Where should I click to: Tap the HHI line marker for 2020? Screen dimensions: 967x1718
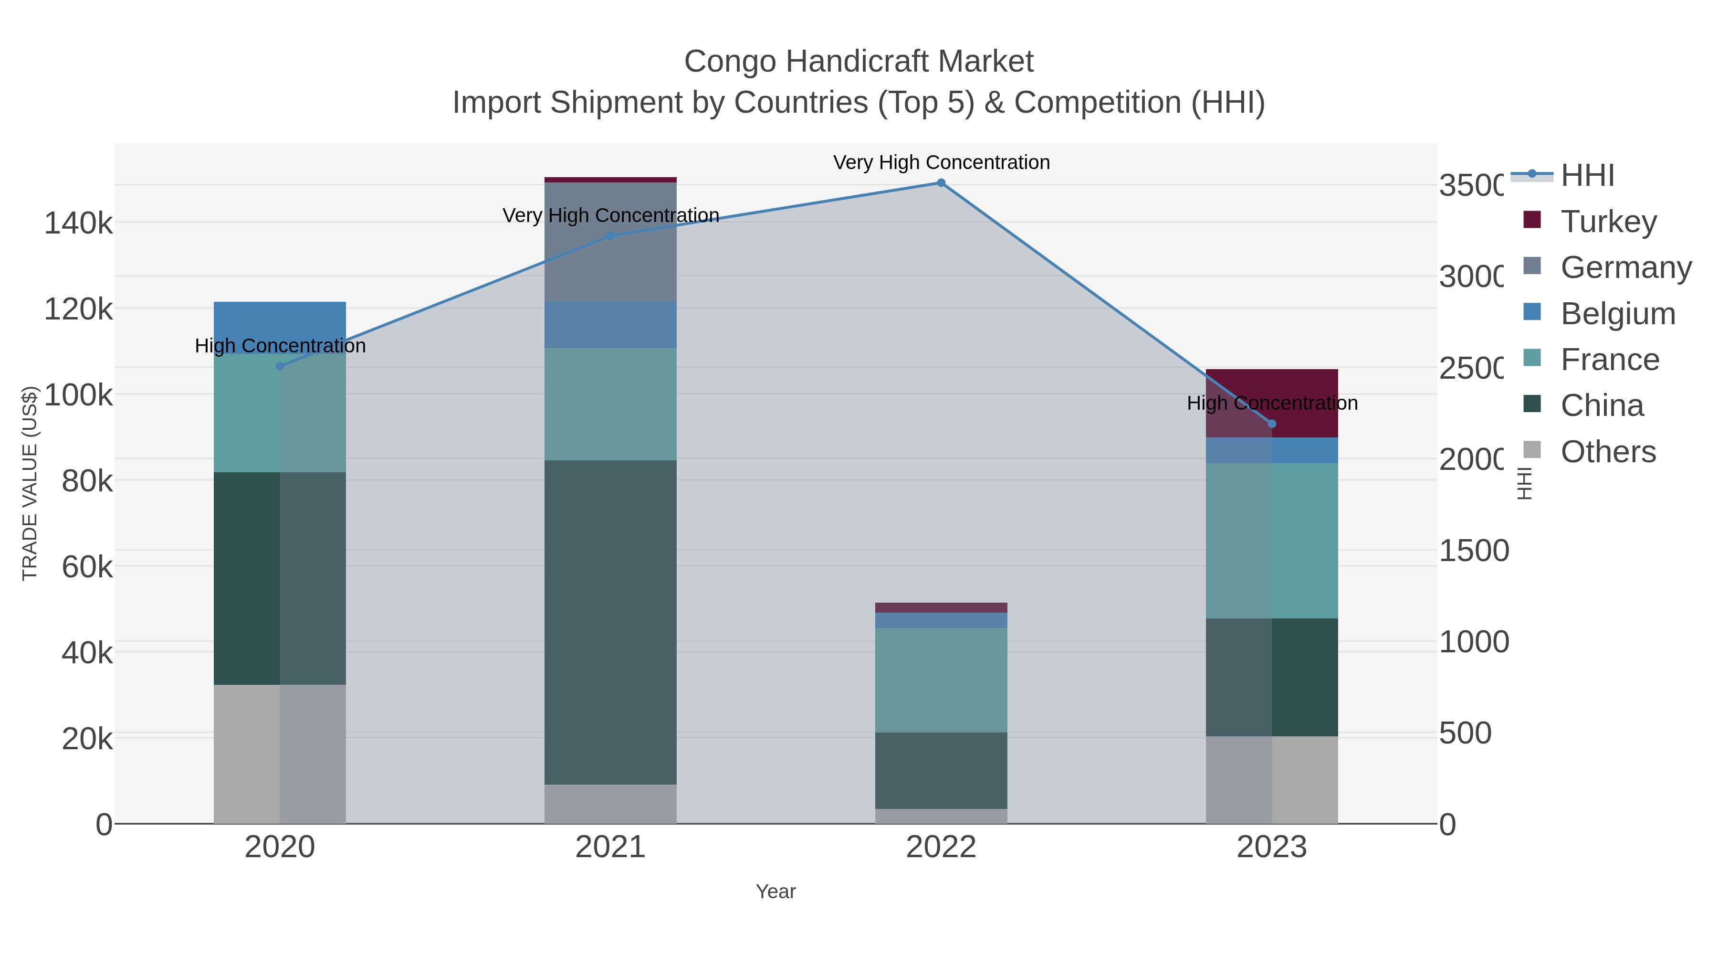[280, 366]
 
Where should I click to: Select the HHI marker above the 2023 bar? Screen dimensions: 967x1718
[1272, 424]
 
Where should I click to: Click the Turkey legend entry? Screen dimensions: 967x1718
[1608, 222]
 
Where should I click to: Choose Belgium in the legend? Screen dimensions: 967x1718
[1617, 314]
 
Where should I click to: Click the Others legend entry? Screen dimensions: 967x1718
[1607, 452]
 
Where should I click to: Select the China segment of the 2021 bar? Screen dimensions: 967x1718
[610, 621]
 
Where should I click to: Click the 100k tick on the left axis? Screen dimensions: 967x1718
[78, 395]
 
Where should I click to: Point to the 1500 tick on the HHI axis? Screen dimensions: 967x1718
[1473, 551]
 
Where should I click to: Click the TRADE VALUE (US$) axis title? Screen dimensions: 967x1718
[30, 483]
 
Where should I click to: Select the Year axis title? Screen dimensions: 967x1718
[775, 892]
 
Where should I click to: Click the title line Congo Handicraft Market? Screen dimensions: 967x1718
[859, 62]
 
